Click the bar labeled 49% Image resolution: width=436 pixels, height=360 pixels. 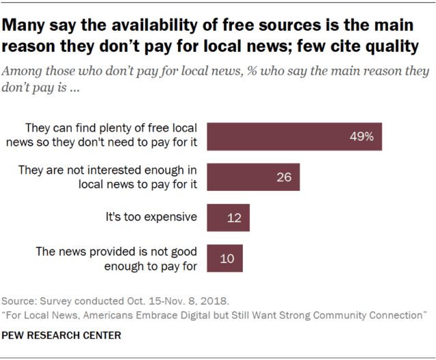point(293,136)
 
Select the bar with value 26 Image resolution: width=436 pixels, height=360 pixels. point(253,177)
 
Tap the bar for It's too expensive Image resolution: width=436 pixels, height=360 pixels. point(228,218)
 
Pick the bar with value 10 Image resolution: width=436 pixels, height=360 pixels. point(224,258)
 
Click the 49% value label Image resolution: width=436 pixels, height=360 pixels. point(362,136)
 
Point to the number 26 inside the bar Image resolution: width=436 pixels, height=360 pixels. point(284,177)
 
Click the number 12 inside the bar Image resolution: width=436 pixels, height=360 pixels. point(234,218)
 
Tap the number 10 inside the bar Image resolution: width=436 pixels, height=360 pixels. point(227,258)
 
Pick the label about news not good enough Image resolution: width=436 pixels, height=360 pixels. point(117,258)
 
